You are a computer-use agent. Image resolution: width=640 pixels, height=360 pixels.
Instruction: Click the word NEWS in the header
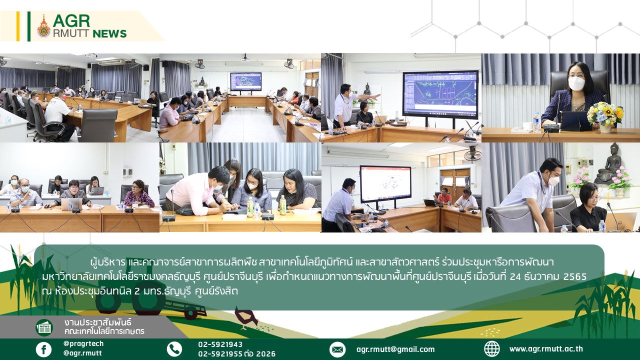(109, 33)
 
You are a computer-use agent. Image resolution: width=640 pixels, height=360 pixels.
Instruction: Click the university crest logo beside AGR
(43, 26)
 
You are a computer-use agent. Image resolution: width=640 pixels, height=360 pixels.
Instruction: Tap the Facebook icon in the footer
(43, 349)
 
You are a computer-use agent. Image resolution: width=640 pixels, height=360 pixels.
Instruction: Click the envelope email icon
(337, 349)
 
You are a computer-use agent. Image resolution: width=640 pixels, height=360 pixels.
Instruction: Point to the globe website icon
(491, 349)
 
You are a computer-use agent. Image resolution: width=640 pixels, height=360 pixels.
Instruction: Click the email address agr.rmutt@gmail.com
(395, 349)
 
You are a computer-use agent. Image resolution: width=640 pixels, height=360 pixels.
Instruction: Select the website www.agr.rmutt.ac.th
(546, 349)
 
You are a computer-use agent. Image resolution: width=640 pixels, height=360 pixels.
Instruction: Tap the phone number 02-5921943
(220, 344)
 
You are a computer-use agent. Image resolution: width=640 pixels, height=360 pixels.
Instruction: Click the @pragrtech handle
(83, 343)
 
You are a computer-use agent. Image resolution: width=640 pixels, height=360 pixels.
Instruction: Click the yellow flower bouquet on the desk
(605, 113)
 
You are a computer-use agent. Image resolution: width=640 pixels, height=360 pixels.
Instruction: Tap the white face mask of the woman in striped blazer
(576, 83)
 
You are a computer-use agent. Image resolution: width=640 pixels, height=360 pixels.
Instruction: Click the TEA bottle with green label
(250, 206)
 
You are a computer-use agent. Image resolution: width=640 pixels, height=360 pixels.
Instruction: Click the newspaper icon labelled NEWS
(44, 327)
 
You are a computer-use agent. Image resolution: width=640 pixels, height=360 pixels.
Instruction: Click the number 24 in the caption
(515, 276)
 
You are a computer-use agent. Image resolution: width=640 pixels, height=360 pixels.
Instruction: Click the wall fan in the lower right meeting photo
(472, 153)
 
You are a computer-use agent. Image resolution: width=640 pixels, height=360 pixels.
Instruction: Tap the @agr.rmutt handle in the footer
(82, 353)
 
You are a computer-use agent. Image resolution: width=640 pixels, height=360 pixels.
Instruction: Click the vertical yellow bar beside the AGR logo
(18, 26)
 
